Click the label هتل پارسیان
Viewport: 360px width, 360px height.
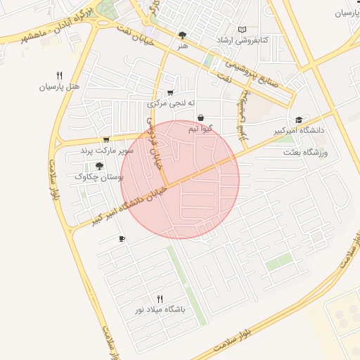click(59, 87)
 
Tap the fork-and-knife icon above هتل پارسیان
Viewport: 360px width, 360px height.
click(59, 75)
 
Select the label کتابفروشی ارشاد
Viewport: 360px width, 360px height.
click(242, 40)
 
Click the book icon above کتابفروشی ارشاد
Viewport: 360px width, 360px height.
click(242, 29)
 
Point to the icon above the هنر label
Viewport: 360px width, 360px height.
click(183, 34)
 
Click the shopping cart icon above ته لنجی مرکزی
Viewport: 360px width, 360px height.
click(170, 93)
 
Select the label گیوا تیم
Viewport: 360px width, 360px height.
click(201, 129)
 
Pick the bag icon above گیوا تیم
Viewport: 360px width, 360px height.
click(201, 117)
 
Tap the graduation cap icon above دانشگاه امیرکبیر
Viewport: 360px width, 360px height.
click(299, 120)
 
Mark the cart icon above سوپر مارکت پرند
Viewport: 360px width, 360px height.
click(106, 139)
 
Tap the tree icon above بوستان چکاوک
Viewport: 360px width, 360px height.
click(99, 166)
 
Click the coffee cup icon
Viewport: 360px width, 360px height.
click(122, 239)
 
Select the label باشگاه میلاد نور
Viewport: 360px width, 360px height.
click(160, 309)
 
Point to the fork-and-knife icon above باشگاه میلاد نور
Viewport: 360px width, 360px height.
click(160, 298)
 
